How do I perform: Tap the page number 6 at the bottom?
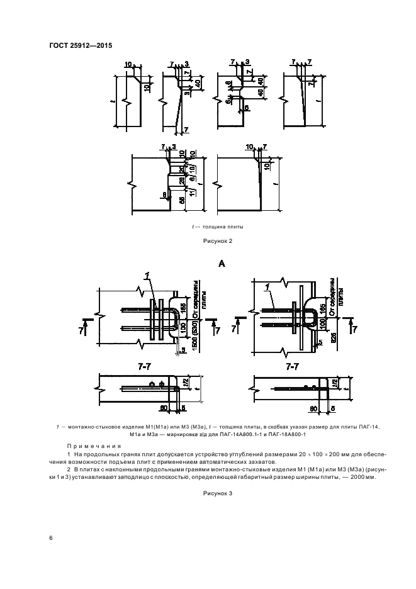[x=51, y=537]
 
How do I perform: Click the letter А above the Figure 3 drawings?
[x=222, y=265]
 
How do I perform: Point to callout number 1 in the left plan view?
[x=147, y=275]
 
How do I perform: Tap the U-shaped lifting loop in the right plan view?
[x=313, y=315]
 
